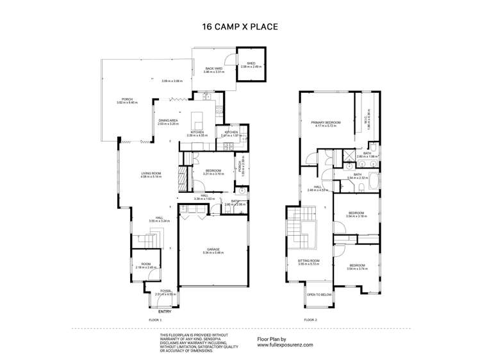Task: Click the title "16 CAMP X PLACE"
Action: pos(240,28)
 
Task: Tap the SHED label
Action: pos(251,63)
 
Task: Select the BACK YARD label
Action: pos(213,69)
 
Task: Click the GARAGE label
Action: pos(213,250)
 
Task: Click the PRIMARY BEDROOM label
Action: pos(327,122)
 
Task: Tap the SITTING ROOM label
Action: pos(308,261)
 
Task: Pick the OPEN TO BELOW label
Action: pos(319,295)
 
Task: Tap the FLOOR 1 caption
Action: pos(156,319)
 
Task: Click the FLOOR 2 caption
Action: pos(311,319)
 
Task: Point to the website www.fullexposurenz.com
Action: pos(285,345)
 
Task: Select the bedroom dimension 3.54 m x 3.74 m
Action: pos(357,268)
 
